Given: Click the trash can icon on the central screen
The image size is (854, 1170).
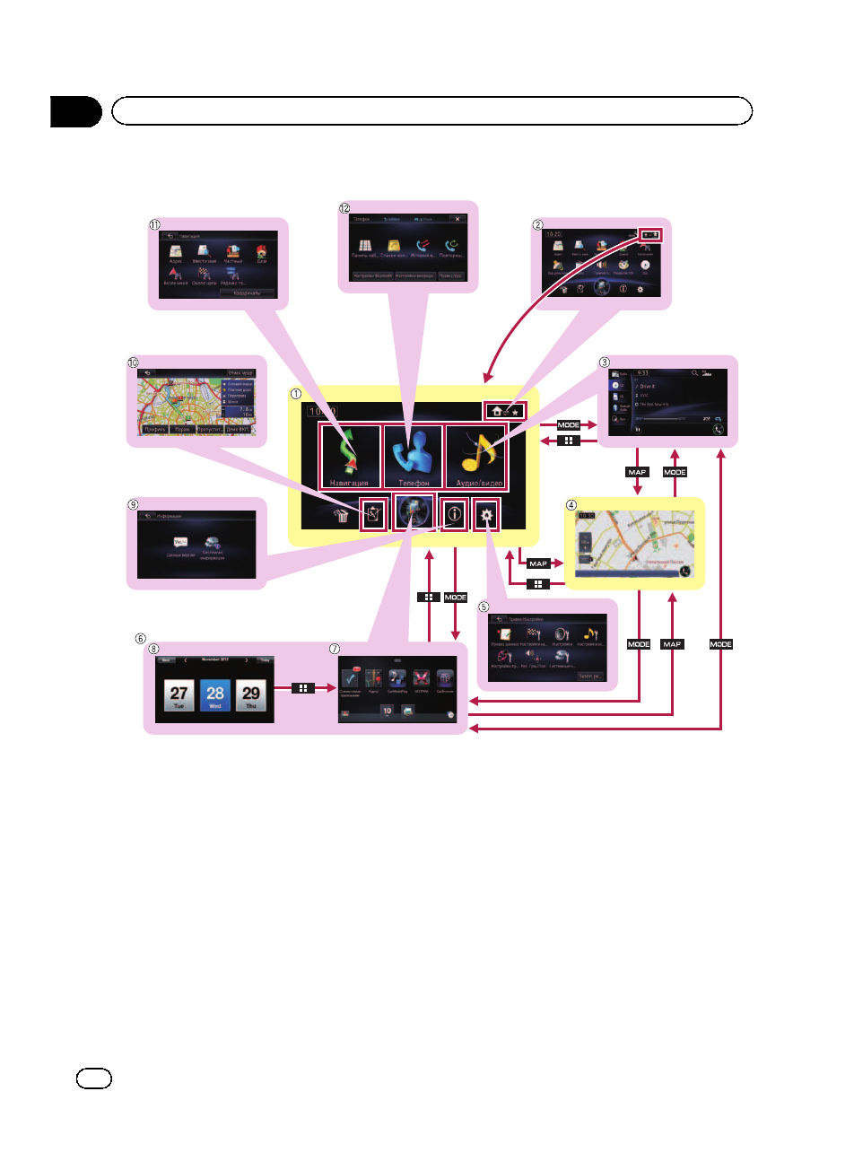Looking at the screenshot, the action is click(x=341, y=515).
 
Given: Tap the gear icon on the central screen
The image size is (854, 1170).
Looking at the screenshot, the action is click(x=486, y=515).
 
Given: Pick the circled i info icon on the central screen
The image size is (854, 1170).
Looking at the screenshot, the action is click(x=455, y=514).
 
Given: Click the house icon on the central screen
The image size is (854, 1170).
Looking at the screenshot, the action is click(x=497, y=411).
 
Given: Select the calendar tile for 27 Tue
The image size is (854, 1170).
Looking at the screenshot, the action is click(x=179, y=695).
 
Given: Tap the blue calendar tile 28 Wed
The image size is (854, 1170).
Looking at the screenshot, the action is click(x=215, y=695).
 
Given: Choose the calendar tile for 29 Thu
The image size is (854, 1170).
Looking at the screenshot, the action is click(x=251, y=695).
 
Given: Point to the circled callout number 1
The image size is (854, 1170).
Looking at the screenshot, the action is click(x=296, y=395).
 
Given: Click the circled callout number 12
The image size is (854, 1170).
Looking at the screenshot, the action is click(x=344, y=208).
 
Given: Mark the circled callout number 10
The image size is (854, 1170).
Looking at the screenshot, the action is click(x=133, y=363).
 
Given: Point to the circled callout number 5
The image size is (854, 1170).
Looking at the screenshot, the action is click(x=484, y=607).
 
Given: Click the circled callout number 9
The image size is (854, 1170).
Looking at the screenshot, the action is click(x=133, y=504).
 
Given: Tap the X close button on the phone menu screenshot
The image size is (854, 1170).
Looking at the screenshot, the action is click(x=456, y=219).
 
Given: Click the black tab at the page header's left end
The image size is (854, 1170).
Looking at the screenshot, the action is click(x=76, y=111).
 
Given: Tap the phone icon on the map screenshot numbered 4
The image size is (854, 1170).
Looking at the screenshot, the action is click(x=685, y=570).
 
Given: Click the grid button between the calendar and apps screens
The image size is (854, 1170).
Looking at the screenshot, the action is click(x=303, y=688).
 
